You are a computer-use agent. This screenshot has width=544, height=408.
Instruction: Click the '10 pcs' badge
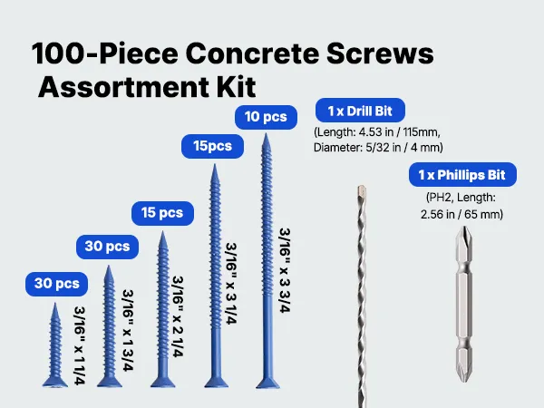266,117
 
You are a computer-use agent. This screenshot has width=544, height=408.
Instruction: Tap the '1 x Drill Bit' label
360,111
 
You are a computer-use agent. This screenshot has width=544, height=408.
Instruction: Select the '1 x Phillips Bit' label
462,174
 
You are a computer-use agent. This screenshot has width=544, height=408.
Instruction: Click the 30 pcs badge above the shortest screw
56,284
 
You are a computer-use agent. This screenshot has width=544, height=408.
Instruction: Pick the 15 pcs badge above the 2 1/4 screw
162,213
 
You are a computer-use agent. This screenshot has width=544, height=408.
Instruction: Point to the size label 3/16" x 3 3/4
285,270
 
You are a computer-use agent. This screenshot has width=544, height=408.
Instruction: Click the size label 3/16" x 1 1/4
80,345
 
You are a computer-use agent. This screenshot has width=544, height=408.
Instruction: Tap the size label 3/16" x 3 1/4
231,284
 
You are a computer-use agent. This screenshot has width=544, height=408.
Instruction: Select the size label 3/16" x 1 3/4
128,331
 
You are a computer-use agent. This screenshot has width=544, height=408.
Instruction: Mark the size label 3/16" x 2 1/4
178,316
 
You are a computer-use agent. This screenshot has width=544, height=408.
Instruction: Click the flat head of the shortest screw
54,382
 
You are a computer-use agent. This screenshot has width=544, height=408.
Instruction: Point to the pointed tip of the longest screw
266,134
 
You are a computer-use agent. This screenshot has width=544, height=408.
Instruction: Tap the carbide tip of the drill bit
362,190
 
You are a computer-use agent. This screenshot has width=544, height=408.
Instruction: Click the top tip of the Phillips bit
464,228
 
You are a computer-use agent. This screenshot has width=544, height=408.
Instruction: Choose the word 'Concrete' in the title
252,53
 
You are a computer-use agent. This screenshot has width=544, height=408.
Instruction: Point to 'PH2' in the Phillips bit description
440,198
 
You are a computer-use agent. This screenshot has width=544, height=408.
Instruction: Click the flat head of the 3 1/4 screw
217,383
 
